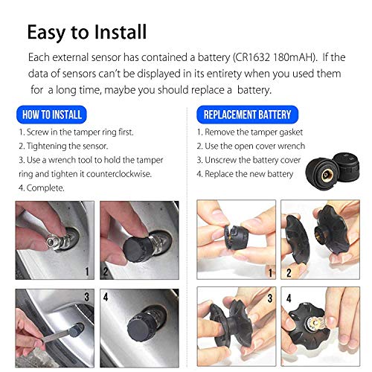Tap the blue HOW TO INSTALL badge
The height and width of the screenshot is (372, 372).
coord(51,115)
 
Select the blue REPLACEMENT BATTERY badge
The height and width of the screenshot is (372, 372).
coord(247,115)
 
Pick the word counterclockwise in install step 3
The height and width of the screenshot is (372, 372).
coord(119,174)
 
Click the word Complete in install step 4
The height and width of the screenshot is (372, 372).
coord(45,188)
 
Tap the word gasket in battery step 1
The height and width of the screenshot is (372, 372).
coord(291,132)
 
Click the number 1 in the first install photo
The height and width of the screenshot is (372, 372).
coord(87,272)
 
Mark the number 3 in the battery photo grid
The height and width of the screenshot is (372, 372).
coord(270,298)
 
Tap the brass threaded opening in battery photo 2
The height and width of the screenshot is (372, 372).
coord(318,234)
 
